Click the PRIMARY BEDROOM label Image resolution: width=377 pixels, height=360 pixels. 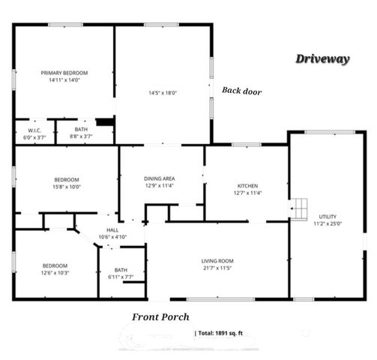click(64, 72)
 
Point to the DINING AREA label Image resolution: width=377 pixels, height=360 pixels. click(159, 178)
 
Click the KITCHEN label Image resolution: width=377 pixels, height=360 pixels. click(247, 186)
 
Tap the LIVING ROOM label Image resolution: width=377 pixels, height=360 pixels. click(217, 260)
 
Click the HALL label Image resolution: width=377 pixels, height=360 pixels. click(112, 230)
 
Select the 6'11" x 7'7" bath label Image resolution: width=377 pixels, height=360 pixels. click(121, 271)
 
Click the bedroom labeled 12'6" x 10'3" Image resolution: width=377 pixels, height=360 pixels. click(55, 265)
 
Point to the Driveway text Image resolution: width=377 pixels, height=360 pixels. click(322, 59)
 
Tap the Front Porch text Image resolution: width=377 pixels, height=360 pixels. click(160, 317)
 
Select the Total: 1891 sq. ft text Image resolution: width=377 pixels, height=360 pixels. click(224, 331)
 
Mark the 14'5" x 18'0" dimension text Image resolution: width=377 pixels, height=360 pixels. click(162, 93)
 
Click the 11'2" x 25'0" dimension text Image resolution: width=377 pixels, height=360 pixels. click(328, 223)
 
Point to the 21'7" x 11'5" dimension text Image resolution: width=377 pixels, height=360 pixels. click(217, 268)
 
